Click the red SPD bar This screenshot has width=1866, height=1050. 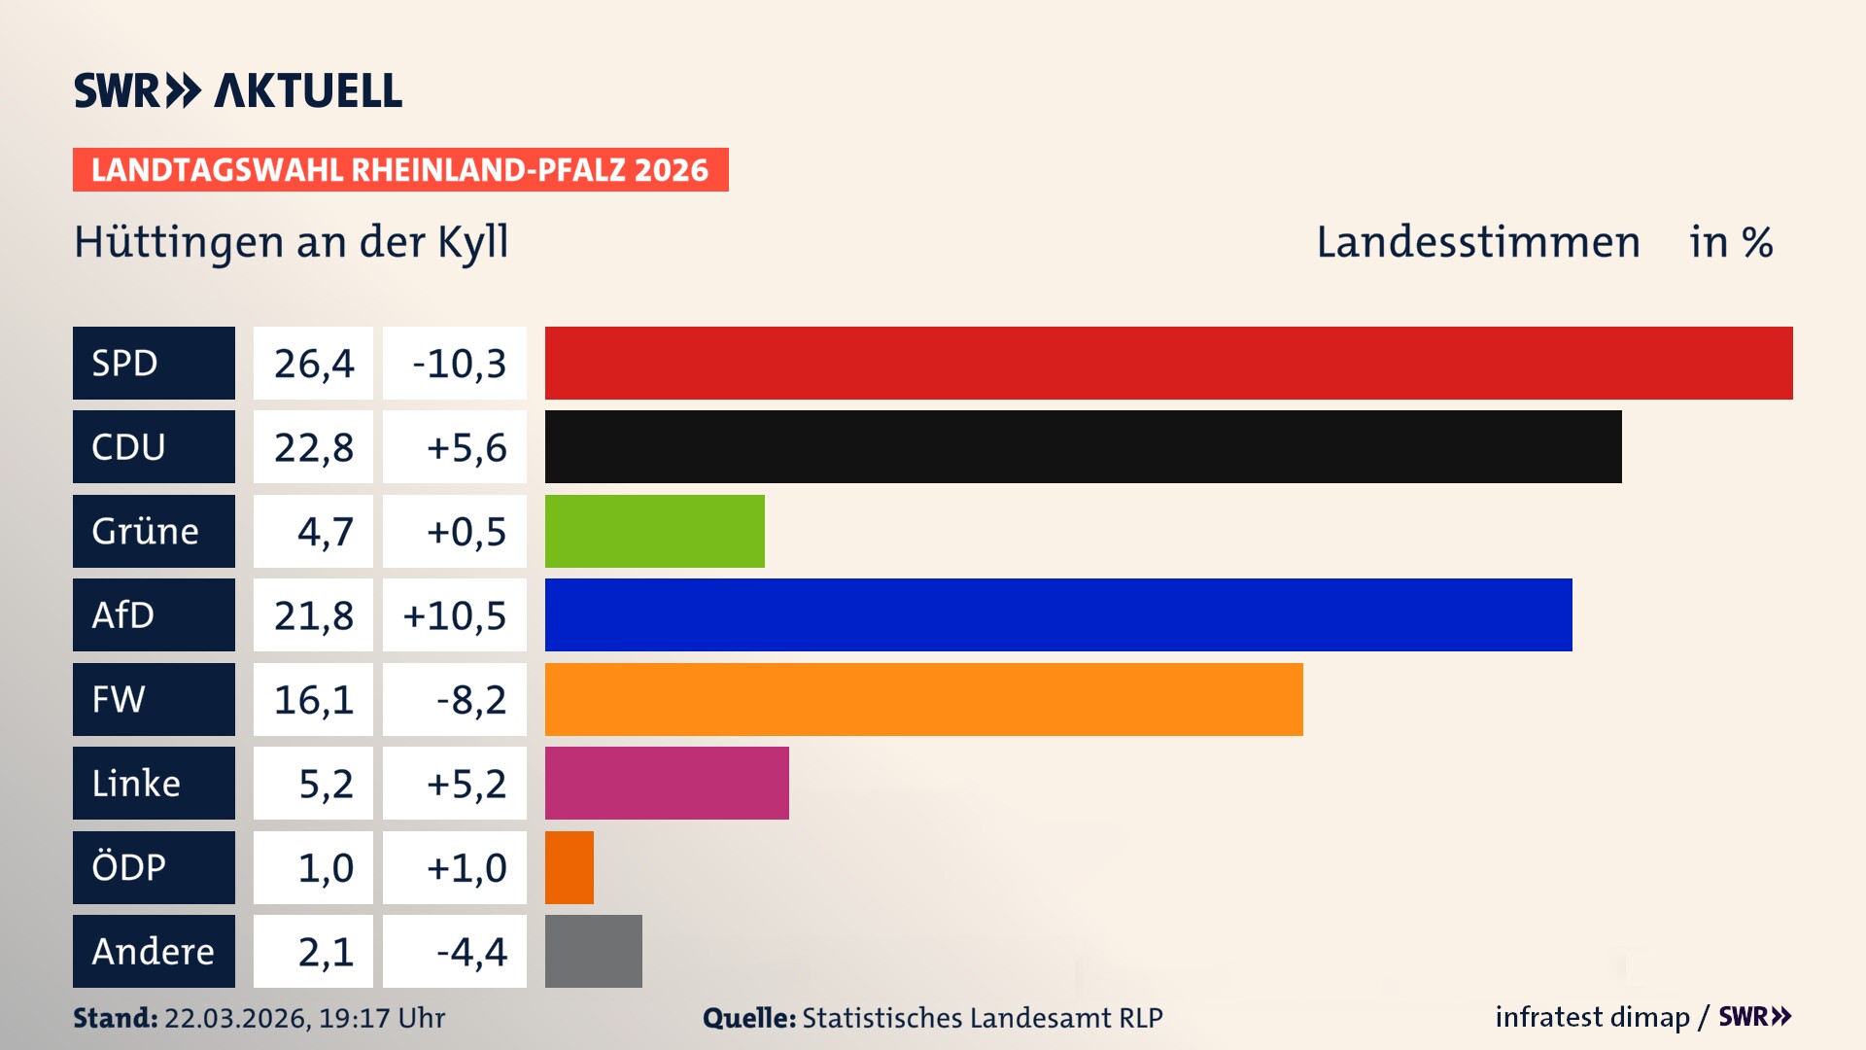tap(1168, 363)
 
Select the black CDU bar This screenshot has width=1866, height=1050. tap(1083, 447)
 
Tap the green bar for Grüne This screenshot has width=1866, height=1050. tap(654, 531)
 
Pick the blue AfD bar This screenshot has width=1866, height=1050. tap(1057, 614)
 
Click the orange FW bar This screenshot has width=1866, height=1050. tap(923, 699)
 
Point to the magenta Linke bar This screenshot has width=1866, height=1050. tap(667, 783)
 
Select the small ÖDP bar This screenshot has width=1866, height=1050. tap(570, 867)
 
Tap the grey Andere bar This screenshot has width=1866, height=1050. tap(593, 951)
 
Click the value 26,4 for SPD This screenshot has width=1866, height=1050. tap(313, 364)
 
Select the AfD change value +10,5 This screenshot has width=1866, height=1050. tap(455, 615)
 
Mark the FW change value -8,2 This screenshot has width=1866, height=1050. tap(470, 700)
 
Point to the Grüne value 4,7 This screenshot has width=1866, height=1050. tap(325, 532)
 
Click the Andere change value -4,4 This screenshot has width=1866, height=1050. tap(470, 952)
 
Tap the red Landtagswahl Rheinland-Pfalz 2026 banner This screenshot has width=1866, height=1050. tap(400, 170)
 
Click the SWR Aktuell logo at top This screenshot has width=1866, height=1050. tap(238, 90)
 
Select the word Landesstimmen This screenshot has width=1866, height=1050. tap(1477, 242)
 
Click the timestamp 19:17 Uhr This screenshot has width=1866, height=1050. tap(381, 1018)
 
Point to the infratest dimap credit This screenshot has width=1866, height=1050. tap(1592, 1017)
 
